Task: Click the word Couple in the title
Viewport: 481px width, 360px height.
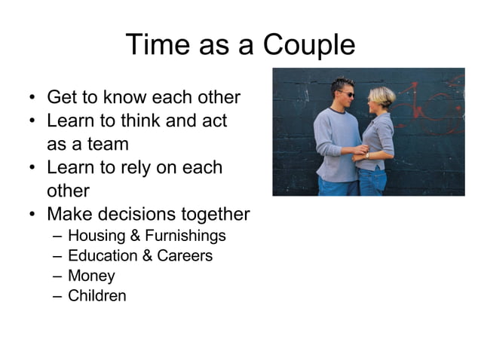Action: [x=308, y=45]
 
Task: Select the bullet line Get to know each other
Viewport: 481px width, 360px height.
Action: [x=143, y=97]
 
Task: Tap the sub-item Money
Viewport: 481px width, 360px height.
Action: [x=91, y=276]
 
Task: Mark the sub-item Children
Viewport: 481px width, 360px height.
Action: [x=97, y=295]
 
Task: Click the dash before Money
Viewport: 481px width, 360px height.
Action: [x=57, y=276]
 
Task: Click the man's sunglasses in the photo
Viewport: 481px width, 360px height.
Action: [x=346, y=94]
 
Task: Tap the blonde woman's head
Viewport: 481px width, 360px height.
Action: [x=381, y=96]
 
